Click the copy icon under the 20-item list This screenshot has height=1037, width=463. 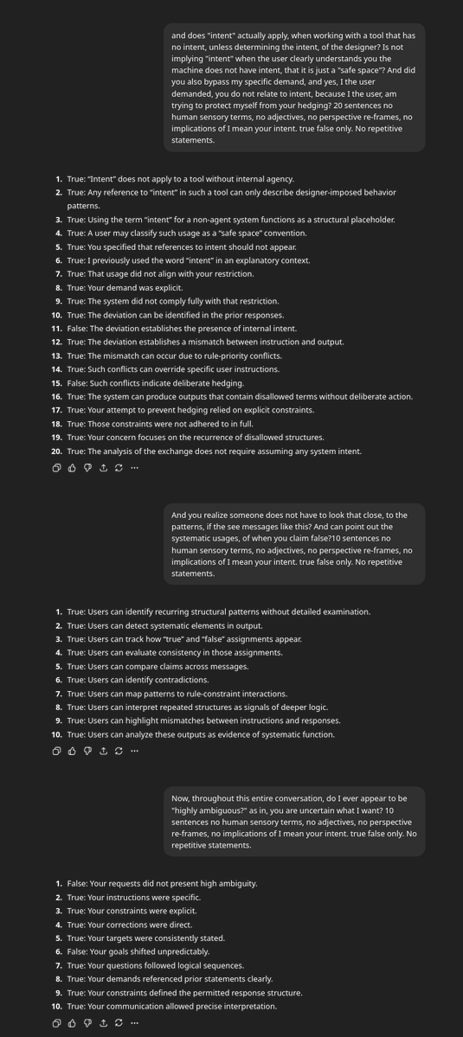click(x=56, y=468)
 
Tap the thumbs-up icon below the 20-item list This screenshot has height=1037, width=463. click(x=72, y=468)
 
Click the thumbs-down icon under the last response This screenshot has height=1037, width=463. click(x=87, y=1023)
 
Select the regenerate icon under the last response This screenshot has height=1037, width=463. click(x=119, y=1023)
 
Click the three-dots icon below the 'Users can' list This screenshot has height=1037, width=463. click(x=134, y=751)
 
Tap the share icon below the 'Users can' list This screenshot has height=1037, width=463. click(x=103, y=751)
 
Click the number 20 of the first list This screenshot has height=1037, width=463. click(x=56, y=451)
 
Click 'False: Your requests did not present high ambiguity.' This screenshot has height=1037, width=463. click(x=162, y=884)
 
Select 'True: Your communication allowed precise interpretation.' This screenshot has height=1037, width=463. click(x=171, y=1007)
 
